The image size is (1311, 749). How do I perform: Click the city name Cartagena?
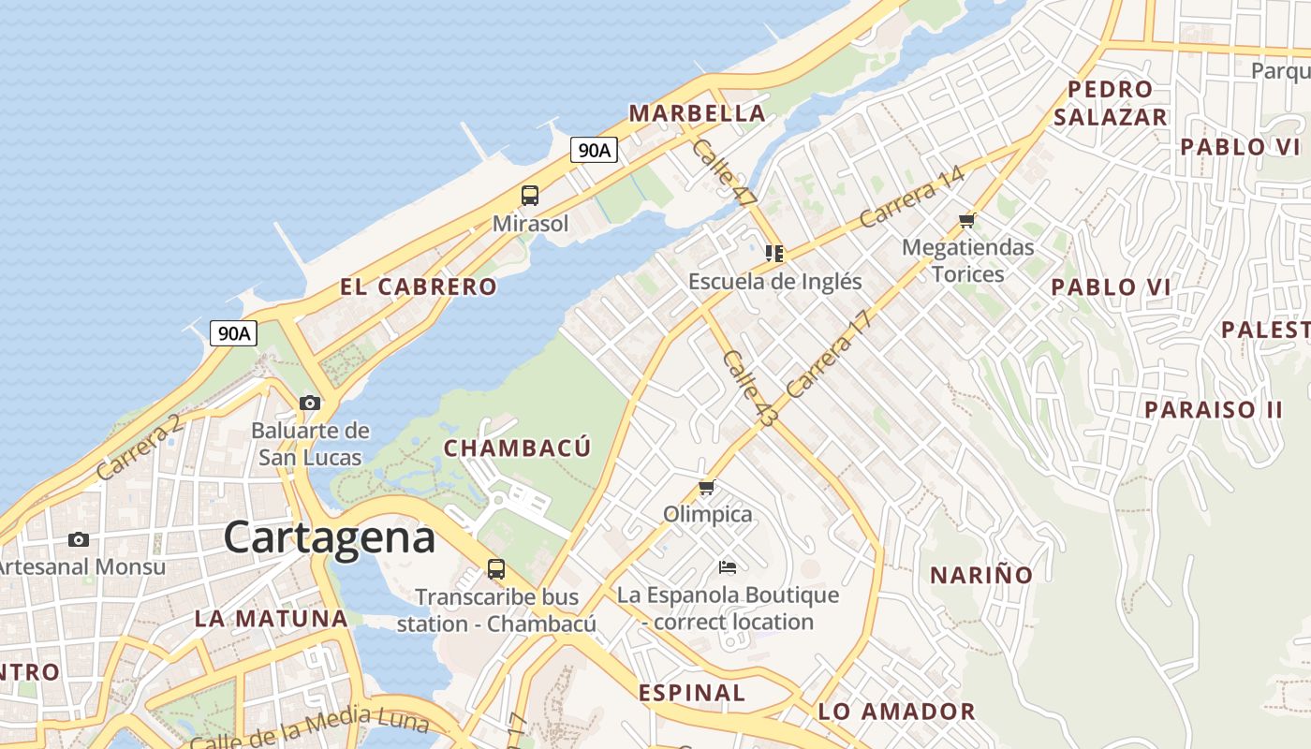point(330,537)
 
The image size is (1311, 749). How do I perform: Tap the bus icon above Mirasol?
point(530,196)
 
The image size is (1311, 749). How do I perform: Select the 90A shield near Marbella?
point(595,150)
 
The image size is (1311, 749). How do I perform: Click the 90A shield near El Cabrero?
point(233,333)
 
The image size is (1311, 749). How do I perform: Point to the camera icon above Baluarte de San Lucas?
point(310,404)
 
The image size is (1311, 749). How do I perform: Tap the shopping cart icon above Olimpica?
point(707,488)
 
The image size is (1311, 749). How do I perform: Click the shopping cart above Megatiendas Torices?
point(967,221)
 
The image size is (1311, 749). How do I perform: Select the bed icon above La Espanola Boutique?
point(728,567)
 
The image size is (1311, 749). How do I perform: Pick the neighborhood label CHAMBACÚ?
point(517,448)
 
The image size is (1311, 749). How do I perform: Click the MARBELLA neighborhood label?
point(697,114)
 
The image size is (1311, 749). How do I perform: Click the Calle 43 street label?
point(749,389)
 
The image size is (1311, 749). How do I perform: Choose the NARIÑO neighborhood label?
point(980,575)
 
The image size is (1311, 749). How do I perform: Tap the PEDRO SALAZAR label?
point(1111,103)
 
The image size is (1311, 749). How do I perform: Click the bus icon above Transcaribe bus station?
point(496,568)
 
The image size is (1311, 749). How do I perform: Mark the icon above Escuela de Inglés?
point(774,254)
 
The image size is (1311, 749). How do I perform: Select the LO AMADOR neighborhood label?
point(896,712)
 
